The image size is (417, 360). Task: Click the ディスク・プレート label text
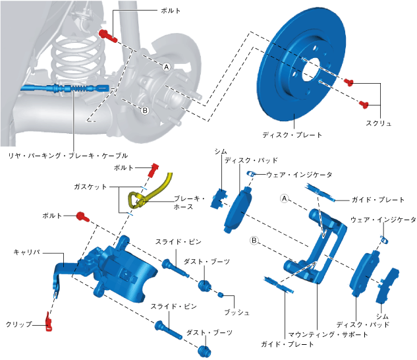(x=292, y=135)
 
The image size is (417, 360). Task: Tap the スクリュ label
(x=378, y=123)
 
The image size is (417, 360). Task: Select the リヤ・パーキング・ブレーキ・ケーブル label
(x=69, y=156)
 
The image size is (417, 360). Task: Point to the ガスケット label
(x=90, y=187)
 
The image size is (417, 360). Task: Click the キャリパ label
(x=27, y=252)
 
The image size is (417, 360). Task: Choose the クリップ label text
(x=18, y=324)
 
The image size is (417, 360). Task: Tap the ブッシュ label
(x=236, y=313)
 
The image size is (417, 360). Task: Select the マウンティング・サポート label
(x=328, y=334)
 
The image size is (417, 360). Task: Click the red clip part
(x=49, y=322)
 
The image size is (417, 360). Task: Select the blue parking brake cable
(x=65, y=88)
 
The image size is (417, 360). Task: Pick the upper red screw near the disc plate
(x=348, y=82)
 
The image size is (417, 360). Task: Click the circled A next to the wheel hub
(x=167, y=67)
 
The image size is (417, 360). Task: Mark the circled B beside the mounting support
(x=254, y=241)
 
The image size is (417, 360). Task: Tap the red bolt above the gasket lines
(x=153, y=170)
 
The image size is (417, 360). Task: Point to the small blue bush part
(x=220, y=295)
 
